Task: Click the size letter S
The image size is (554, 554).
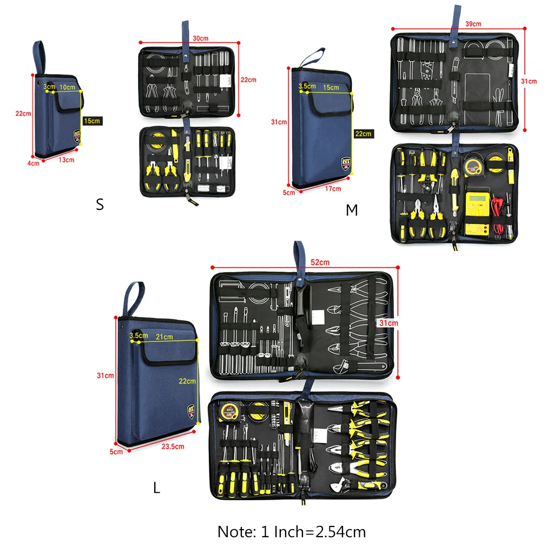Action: tap(100, 205)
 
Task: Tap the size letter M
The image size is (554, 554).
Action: tap(352, 210)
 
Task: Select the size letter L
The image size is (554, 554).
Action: tap(156, 488)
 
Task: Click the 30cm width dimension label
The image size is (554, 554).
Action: tap(200, 38)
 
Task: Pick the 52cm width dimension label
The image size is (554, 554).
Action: tap(320, 262)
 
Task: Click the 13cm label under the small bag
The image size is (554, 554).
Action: tap(67, 160)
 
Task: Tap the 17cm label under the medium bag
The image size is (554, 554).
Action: tap(333, 189)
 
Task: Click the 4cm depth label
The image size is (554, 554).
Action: tap(34, 162)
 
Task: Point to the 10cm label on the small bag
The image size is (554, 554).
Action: tap(68, 87)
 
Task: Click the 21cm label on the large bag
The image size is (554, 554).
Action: tap(164, 337)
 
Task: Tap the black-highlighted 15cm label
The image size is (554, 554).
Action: tap(92, 121)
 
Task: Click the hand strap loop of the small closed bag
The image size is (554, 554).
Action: tap(39, 57)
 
